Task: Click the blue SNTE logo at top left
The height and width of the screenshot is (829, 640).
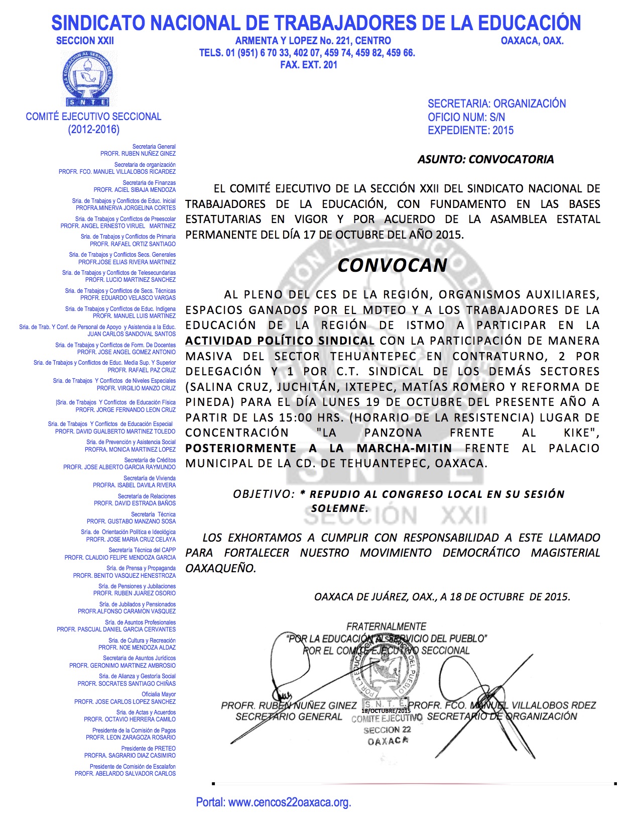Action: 88,78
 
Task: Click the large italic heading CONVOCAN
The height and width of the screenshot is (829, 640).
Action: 392,265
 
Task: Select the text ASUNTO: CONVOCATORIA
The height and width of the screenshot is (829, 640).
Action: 485,159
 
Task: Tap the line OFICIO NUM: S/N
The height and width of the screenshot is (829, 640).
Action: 466,117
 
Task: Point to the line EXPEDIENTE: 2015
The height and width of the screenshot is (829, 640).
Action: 470,130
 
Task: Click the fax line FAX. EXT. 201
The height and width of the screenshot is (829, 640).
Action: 308,65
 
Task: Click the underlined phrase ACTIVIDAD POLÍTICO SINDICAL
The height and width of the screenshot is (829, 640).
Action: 280,341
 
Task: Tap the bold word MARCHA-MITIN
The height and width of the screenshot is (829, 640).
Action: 404,448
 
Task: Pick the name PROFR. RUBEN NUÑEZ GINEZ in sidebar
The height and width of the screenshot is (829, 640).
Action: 138,154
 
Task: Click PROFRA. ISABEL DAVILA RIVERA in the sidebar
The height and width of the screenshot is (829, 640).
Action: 134,485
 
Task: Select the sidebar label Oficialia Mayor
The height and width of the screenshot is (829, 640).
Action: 159,694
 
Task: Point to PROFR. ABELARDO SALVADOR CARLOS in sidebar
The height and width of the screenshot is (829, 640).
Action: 125,774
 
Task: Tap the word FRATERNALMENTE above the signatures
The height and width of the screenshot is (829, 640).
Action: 386,627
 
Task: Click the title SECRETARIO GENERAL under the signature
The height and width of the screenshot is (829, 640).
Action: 289,716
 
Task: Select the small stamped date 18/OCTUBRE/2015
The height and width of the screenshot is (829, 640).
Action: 386,711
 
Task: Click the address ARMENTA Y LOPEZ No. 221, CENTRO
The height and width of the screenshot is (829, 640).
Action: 313,41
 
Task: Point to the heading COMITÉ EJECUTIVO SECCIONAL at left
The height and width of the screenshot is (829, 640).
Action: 93,117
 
